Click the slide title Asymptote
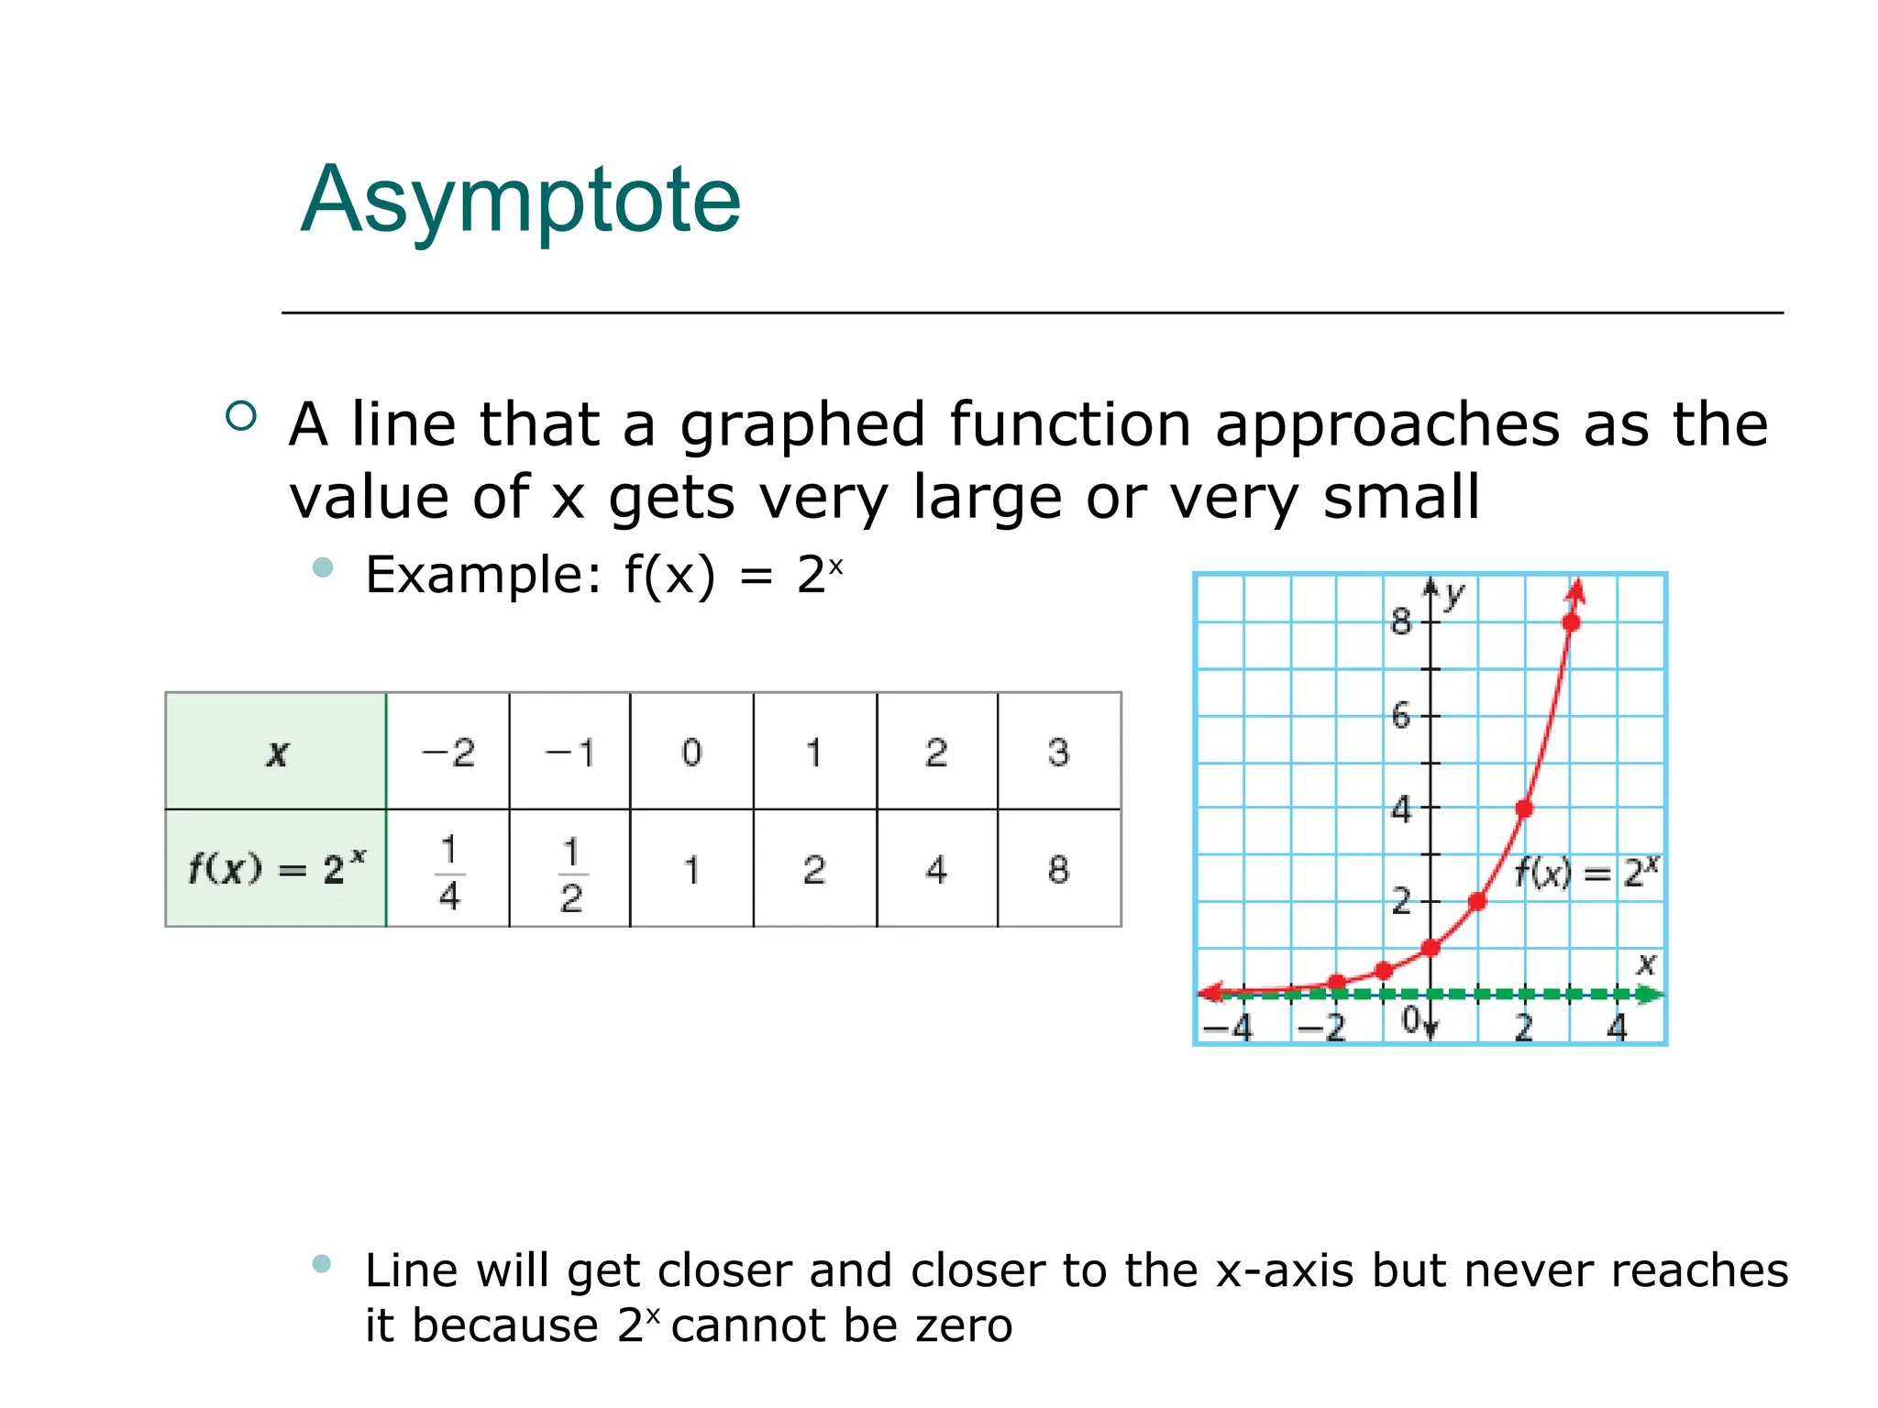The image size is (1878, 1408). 520,201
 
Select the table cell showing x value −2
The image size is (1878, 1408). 447,753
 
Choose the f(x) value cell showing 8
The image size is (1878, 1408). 1058,869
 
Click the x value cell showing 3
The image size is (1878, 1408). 1058,753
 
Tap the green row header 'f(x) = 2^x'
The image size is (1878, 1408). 276,868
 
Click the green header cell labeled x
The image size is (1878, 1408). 276,753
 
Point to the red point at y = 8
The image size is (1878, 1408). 1571,623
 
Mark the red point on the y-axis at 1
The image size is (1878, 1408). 1431,948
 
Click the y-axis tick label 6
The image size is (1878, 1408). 1400,716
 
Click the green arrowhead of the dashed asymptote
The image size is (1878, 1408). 1651,995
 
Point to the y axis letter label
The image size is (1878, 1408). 1454,596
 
